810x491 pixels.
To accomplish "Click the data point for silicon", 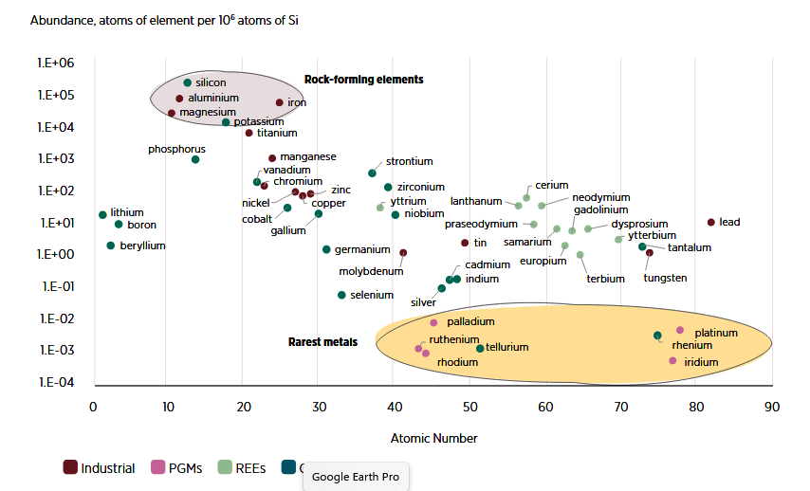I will click(x=188, y=83).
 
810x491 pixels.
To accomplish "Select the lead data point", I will click(x=711, y=222).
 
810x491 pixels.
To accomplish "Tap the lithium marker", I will click(x=102, y=214).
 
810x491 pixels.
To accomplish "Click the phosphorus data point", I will click(x=195, y=159).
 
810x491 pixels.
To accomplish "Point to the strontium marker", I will click(x=372, y=173).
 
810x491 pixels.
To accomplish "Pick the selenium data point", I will click(x=341, y=295).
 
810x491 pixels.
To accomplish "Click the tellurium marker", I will click(x=480, y=349).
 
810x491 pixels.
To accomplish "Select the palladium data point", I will click(x=433, y=322).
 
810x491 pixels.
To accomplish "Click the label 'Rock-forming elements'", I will click(x=363, y=80).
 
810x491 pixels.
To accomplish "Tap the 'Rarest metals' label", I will click(x=322, y=341).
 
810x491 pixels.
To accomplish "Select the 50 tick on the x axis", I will click(x=470, y=407).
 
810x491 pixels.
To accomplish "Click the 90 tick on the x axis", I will click(x=772, y=407).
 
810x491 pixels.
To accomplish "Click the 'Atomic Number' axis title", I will click(x=433, y=438).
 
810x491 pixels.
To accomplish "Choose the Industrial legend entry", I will click(x=101, y=467).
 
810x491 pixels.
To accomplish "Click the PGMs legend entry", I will click(x=175, y=467).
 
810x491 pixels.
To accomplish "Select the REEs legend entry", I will click(x=243, y=467).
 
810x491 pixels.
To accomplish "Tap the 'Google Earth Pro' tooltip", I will click(x=356, y=477).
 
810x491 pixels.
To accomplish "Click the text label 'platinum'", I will click(x=716, y=333).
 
